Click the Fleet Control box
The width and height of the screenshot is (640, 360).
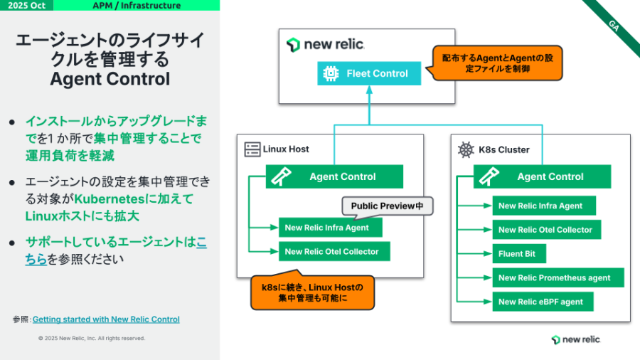369,73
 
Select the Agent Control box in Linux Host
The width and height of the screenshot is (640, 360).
334,176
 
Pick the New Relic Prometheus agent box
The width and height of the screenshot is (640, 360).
558,277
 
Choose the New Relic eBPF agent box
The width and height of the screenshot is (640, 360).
543,302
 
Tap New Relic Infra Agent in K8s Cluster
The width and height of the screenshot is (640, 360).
544,206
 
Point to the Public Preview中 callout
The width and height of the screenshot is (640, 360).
388,206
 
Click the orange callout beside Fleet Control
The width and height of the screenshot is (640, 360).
496,63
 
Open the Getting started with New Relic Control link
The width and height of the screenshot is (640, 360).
106,319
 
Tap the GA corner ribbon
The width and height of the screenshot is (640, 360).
614,25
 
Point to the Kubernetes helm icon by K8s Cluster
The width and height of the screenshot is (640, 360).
466,149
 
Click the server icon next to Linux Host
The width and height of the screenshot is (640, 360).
252,149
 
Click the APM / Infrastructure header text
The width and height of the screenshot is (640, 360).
137,6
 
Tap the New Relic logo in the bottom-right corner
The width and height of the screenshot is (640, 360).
575,339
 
